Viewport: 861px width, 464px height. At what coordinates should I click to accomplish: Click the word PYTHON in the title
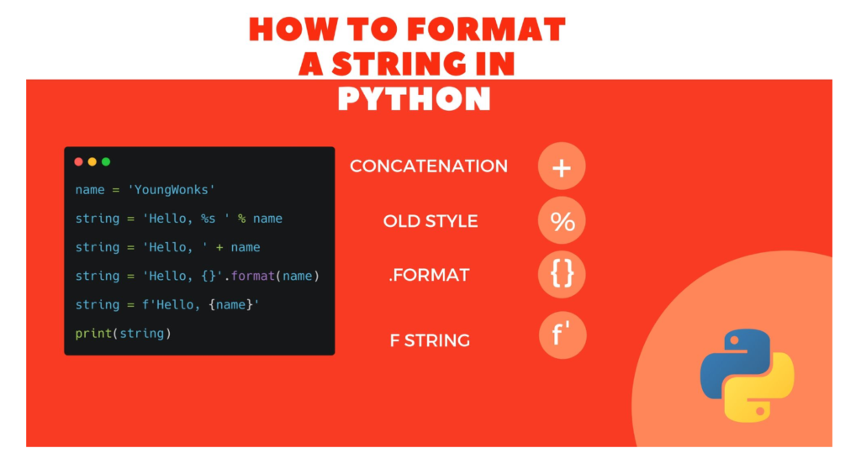pyautogui.click(x=414, y=99)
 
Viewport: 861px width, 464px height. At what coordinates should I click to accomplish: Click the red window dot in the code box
pyautogui.click(x=78, y=161)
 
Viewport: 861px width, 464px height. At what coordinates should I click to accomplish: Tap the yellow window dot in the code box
pyautogui.click(x=92, y=161)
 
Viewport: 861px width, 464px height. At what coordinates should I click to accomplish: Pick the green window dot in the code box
pyautogui.click(x=106, y=161)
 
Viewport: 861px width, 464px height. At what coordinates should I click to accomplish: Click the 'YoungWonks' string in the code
pyautogui.click(x=171, y=190)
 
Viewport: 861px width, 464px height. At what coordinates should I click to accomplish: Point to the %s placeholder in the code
pyautogui.click(x=209, y=219)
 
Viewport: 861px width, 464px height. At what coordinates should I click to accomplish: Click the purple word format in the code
pyautogui.click(x=252, y=276)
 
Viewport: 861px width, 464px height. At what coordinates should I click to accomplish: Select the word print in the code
pyautogui.click(x=93, y=334)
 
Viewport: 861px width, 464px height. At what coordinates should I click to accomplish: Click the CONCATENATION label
pyautogui.click(x=429, y=166)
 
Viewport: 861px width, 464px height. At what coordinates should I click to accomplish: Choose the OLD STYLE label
pyautogui.click(x=430, y=221)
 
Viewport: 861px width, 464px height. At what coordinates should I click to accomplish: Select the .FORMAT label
pyautogui.click(x=429, y=275)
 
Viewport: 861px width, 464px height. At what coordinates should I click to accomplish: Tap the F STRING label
pyautogui.click(x=430, y=340)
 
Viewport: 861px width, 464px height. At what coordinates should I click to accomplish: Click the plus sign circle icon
pyautogui.click(x=562, y=166)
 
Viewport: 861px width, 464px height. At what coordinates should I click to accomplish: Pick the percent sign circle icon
pyautogui.click(x=562, y=220)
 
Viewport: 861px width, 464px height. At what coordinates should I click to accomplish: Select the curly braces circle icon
pyautogui.click(x=562, y=274)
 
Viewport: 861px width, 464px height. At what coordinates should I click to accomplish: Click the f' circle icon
pyautogui.click(x=563, y=335)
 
